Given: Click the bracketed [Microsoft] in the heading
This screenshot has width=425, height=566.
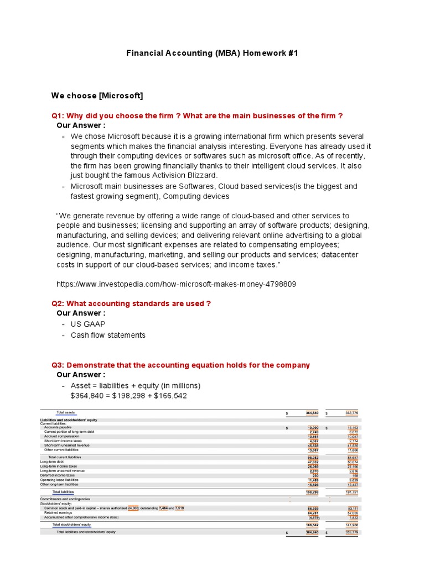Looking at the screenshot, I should click(x=121, y=96).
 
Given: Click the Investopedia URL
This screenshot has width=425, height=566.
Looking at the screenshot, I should click(x=176, y=284).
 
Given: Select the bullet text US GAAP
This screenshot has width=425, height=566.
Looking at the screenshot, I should click(x=88, y=324).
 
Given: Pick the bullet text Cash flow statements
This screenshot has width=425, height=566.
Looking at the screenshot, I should click(x=108, y=335).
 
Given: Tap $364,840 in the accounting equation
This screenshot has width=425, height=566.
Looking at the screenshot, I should click(x=90, y=396).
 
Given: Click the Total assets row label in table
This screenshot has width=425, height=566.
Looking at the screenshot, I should click(x=66, y=412).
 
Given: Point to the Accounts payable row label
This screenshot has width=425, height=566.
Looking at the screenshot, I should click(x=58, y=428).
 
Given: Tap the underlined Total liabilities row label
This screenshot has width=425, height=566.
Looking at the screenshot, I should click(x=63, y=491).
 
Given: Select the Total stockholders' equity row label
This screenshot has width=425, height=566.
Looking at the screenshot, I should click(x=71, y=524).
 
